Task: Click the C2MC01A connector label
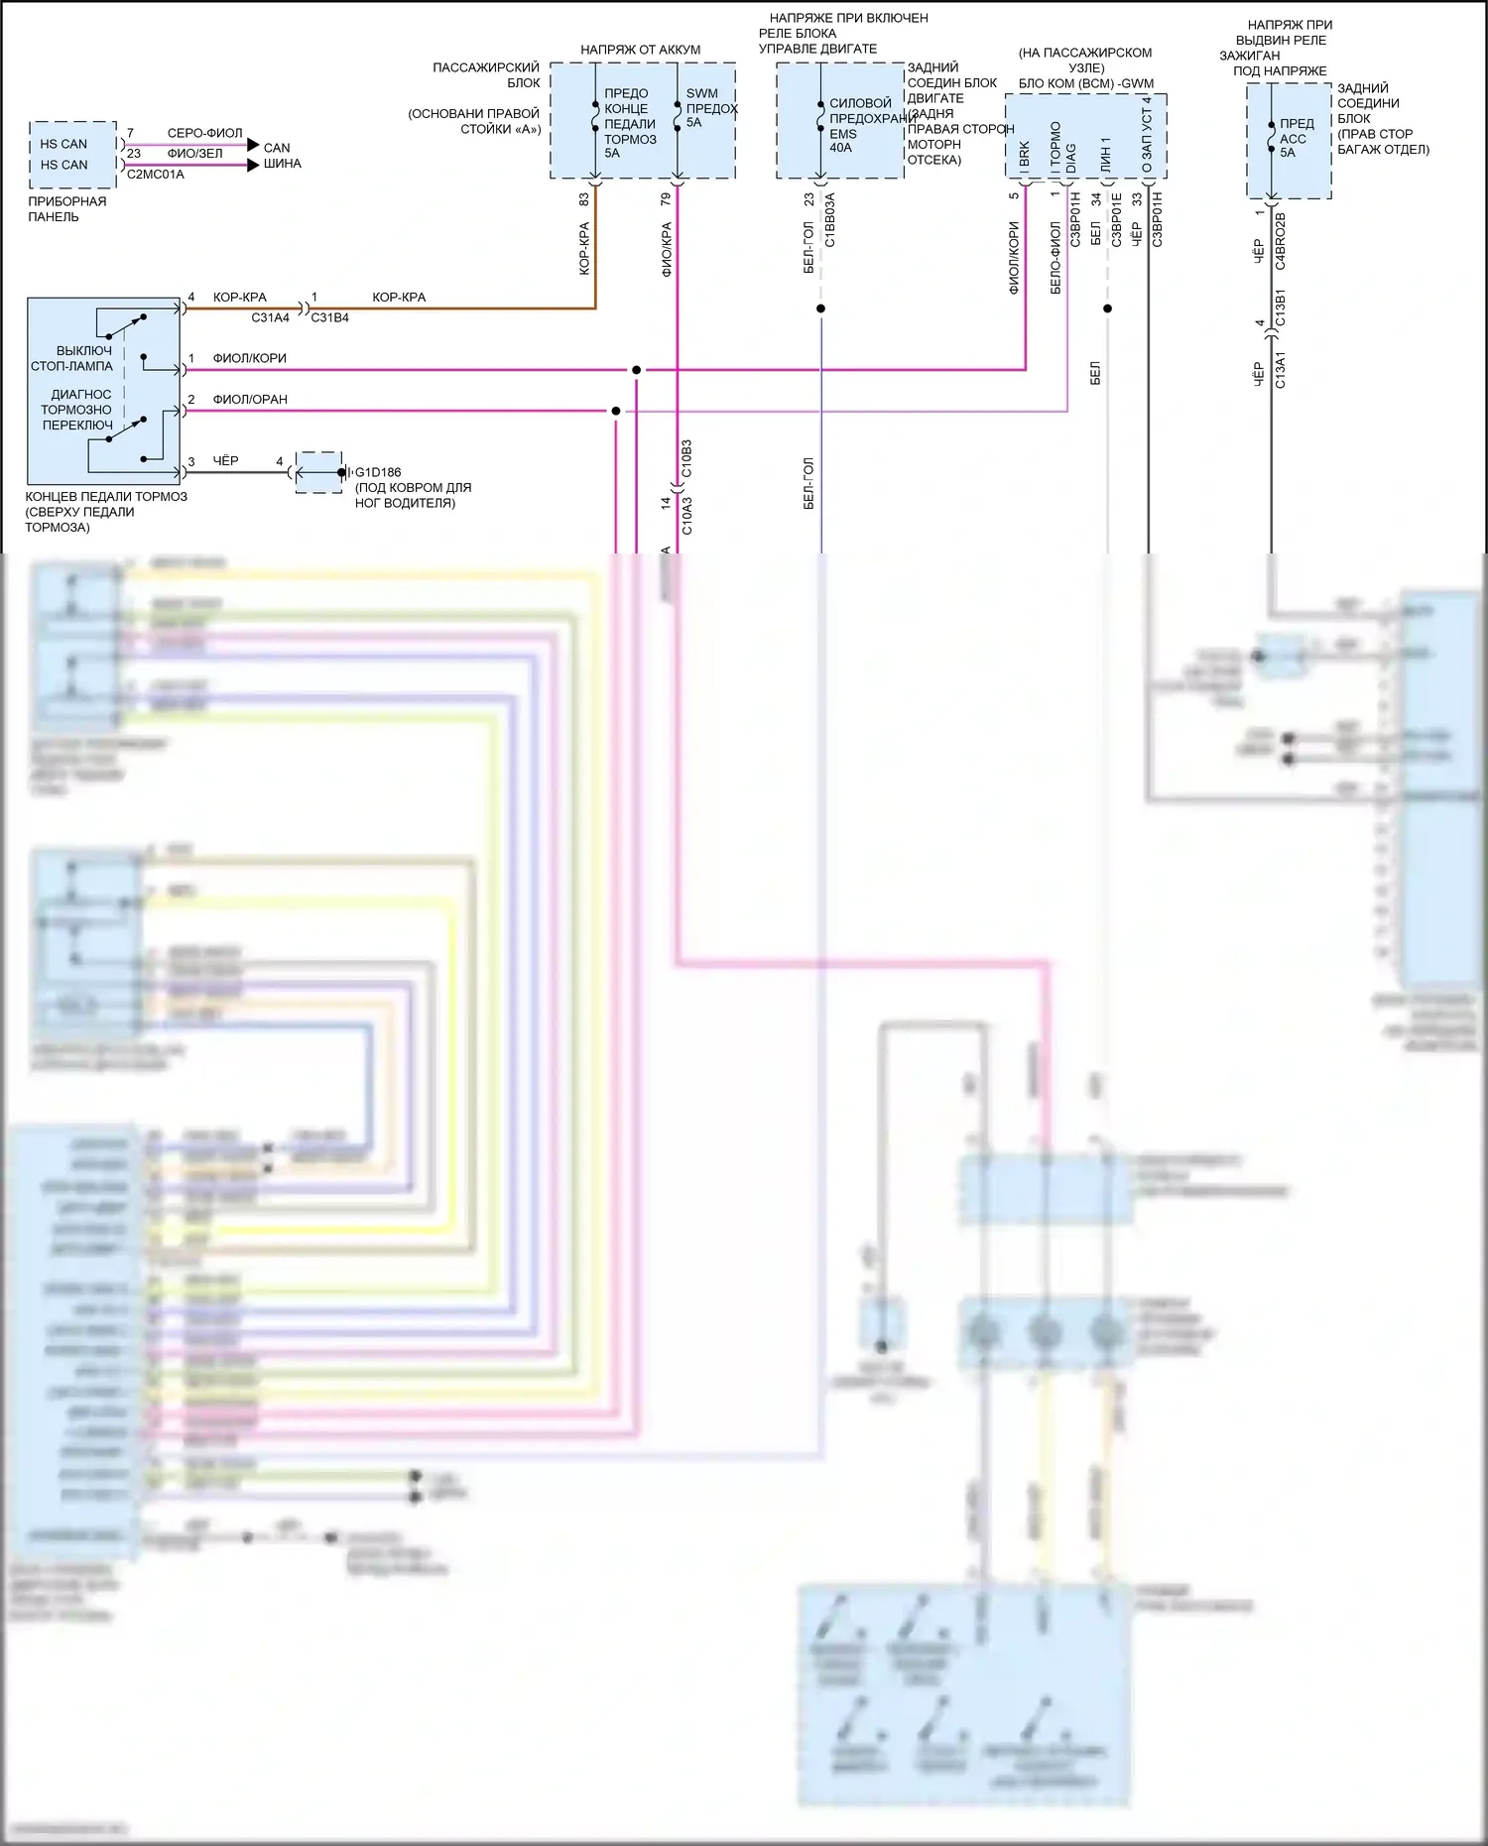click(156, 175)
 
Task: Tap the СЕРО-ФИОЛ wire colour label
click(204, 133)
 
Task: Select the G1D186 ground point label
click(378, 472)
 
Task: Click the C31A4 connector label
click(270, 317)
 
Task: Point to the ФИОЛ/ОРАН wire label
click(250, 400)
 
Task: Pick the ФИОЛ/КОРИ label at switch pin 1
click(249, 358)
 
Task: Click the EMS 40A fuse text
click(842, 141)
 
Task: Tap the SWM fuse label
click(702, 93)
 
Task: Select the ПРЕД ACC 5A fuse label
click(1295, 138)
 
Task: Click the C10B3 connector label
click(686, 458)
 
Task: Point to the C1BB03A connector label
click(830, 220)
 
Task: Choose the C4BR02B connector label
click(1281, 241)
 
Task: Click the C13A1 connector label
click(1281, 369)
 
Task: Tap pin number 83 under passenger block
click(584, 198)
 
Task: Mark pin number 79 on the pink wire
click(666, 198)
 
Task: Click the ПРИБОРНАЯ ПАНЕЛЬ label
click(66, 209)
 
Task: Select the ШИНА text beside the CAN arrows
click(282, 164)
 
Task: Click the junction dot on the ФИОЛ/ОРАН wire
click(616, 411)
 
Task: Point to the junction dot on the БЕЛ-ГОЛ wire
click(820, 308)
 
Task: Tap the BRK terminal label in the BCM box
click(1025, 153)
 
